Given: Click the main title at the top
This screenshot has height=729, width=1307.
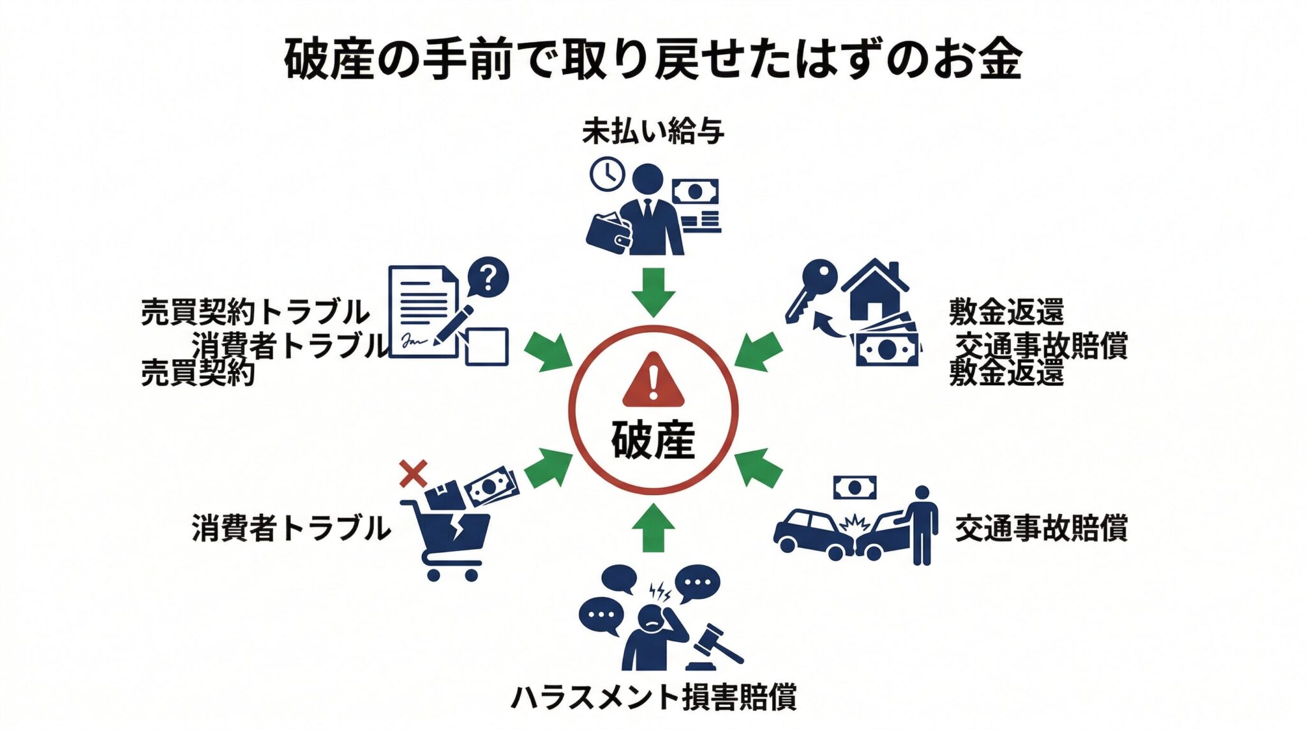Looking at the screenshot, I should tap(653, 60).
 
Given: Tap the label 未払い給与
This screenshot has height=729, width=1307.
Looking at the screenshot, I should tap(653, 132).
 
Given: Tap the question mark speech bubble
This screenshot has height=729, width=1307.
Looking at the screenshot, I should tap(488, 277).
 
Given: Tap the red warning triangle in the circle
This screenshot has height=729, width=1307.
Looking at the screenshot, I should tap(653, 381).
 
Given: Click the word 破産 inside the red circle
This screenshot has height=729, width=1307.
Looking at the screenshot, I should tap(653, 439).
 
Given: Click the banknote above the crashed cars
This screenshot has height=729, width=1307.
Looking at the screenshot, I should tap(855, 489).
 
